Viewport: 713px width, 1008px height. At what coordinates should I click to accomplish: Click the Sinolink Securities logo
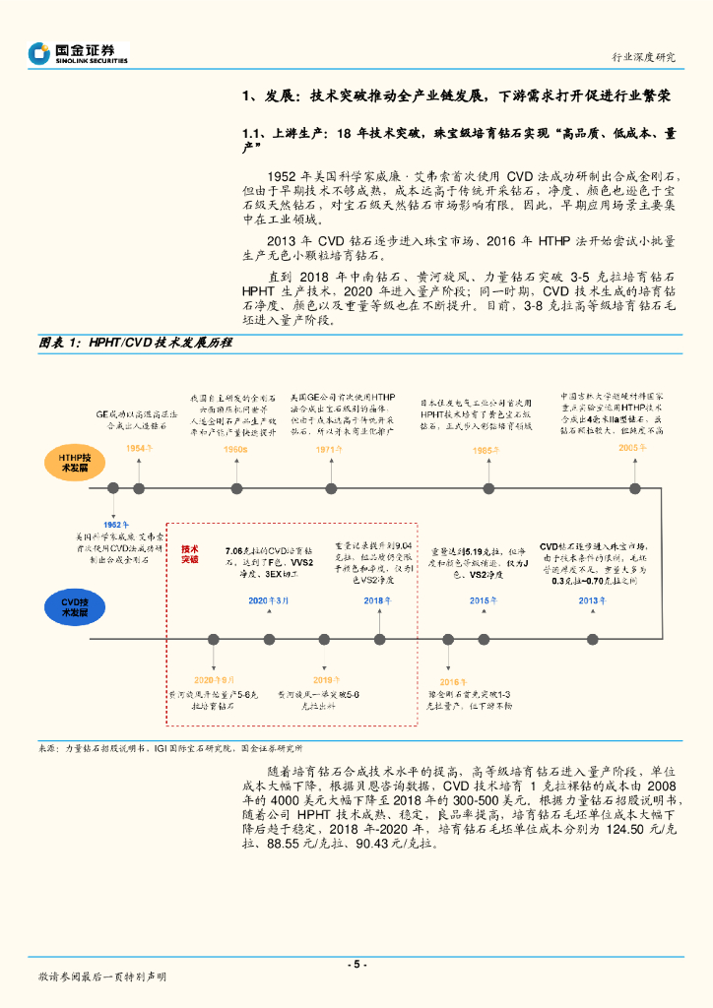tap(79, 52)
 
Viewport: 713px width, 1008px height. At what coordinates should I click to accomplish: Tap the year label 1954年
tap(141, 449)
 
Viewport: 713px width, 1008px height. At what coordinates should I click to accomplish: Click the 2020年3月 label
tap(270, 600)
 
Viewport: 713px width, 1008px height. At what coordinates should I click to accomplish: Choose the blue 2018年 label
tap(378, 600)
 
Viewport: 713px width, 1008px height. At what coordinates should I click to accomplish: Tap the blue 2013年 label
tap(593, 600)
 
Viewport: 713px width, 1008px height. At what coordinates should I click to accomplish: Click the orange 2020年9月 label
tap(214, 680)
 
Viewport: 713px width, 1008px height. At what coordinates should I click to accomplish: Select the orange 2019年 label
tap(325, 680)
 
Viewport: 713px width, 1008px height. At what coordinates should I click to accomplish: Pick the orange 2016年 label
tap(452, 681)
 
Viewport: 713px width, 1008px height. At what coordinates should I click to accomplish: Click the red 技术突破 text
tap(189, 553)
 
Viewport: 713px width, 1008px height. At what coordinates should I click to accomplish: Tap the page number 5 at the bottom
tap(356, 964)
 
